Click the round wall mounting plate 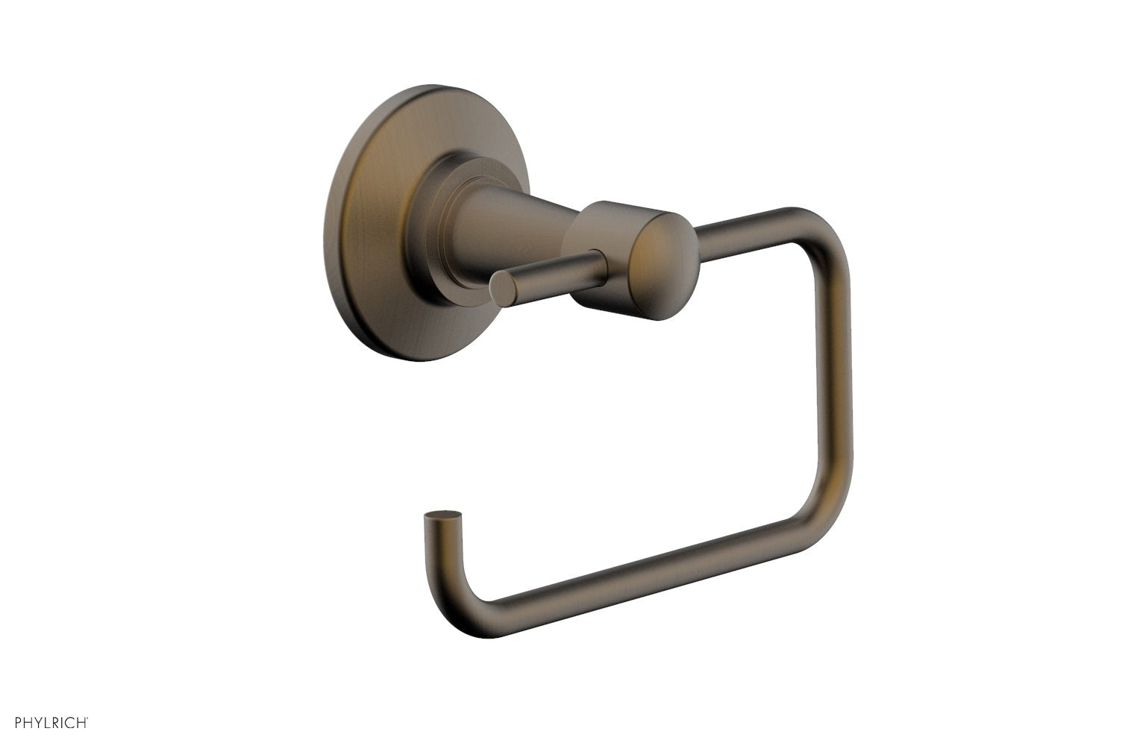373,224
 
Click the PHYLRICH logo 52,723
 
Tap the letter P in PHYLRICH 19,723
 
